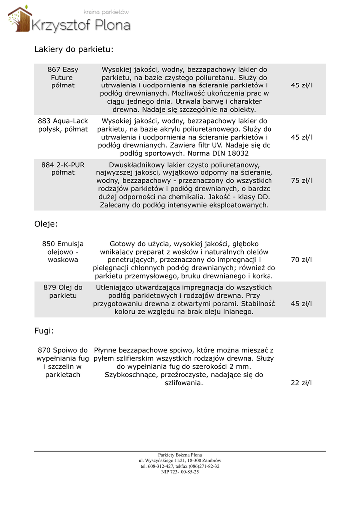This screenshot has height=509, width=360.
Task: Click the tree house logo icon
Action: tap(19, 20)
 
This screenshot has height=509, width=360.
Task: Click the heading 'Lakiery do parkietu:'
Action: tap(74, 49)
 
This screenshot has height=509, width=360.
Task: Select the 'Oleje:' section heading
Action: tap(46, 224)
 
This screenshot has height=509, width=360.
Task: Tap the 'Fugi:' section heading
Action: tap(44, 330)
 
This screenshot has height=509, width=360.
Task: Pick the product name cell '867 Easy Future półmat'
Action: tap(63, 78)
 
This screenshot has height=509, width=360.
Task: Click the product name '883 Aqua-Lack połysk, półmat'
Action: tap(63, 125)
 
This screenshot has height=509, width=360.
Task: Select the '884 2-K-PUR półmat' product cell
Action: tap(63, 169)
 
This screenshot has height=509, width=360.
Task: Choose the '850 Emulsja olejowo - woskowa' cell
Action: tap(63, 252)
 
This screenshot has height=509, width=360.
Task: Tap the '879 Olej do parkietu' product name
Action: tap(63, 291)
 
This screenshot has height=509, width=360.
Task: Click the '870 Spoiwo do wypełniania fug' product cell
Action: tap(63, 362)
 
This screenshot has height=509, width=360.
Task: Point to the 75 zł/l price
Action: tap(301, 181)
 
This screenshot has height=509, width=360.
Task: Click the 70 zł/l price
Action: tap(301, 260)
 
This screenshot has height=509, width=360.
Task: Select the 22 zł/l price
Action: tap(301, 383)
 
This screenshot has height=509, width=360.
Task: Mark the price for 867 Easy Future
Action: tap(301, 85)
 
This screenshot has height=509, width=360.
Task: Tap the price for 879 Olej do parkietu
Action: tap(301, 304)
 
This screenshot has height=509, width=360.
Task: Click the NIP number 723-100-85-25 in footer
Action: tap(180, 472)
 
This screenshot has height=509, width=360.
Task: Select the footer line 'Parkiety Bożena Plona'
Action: tap(180, 455)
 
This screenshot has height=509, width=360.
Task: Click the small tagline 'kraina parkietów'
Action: tap(106, 11)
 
